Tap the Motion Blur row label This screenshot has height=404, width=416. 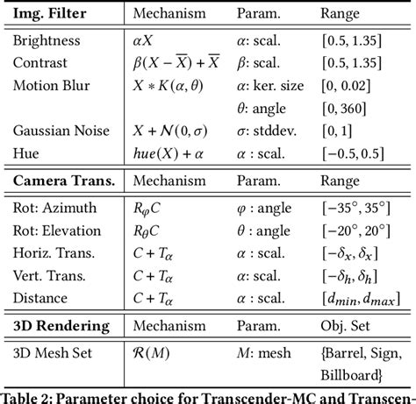pos(48,86)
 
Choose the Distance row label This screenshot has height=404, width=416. pos(39,297)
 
